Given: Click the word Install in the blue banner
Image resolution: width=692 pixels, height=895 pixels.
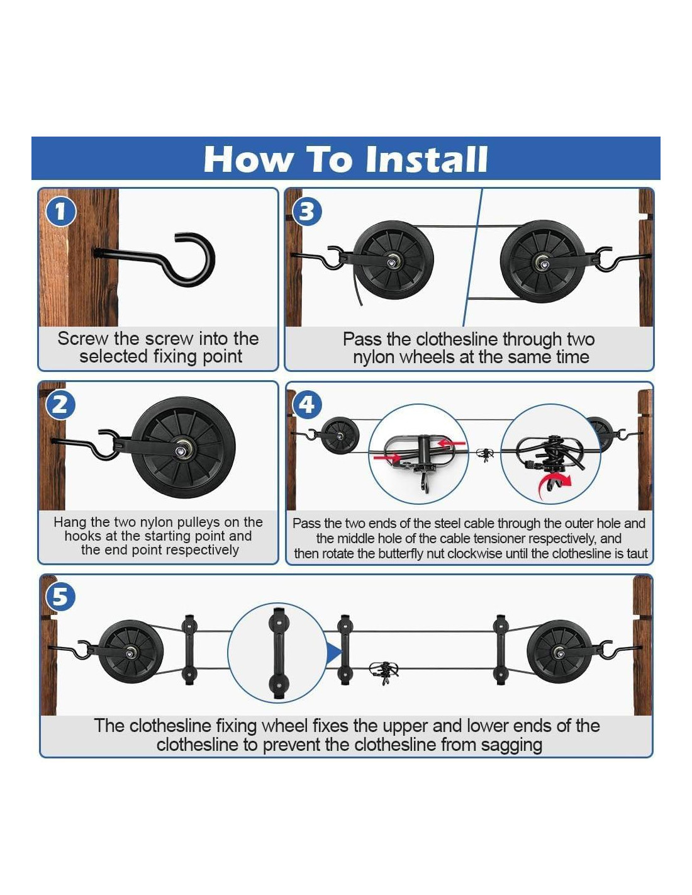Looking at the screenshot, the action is pos(426,159).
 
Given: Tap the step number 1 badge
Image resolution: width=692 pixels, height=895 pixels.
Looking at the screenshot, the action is pos(60,212).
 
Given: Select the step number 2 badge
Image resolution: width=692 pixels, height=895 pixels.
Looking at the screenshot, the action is pos(60,405).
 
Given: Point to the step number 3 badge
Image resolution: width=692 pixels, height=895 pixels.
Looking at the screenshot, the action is pos(306,212).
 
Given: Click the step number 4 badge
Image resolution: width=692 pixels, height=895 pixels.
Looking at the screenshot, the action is pos(307,404).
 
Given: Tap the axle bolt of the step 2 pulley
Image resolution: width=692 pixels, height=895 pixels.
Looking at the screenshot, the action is pos(181,450).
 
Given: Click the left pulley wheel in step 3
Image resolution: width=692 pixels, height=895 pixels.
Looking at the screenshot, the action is pos(393,261).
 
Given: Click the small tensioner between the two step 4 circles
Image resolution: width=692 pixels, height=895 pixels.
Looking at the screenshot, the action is pos(485,453).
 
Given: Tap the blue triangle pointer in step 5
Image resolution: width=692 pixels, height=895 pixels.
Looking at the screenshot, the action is pos(333,653).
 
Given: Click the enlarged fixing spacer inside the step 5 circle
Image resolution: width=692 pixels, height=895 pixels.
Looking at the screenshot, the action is pos(279,653).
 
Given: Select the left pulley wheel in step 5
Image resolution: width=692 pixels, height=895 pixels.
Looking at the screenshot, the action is pos(131,652).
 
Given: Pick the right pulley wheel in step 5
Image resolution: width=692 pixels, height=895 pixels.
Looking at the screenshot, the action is pos(559,652).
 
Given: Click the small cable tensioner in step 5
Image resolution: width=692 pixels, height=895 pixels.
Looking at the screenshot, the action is pos(384,673).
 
